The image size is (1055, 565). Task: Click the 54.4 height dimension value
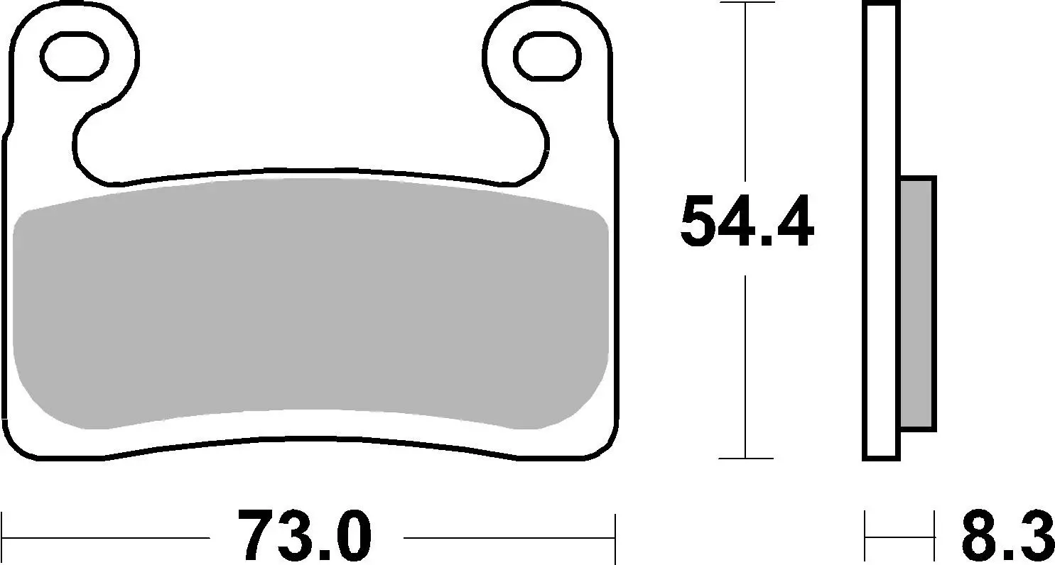pos(746,222)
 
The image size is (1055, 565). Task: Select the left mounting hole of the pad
pos(75,55)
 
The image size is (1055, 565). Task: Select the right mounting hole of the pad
pos(546,55)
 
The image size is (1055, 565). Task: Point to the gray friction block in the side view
pos(916,303)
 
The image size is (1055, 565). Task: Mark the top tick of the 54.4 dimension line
pos(745,3)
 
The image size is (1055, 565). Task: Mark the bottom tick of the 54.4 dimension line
pos(745,459)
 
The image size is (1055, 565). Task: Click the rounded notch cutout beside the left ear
pos(99,146)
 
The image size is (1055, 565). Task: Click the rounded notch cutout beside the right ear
pos(522,146)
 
